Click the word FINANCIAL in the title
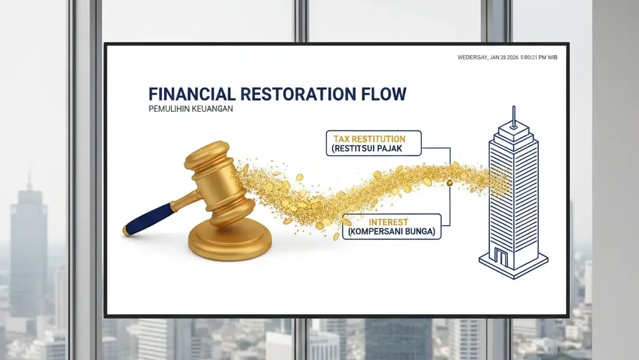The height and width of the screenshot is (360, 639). tap(192, 94)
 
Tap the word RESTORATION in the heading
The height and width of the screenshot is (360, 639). tap(298, 94)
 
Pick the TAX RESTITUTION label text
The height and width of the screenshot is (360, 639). tap(369, 139)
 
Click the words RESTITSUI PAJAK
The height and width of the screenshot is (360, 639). tap(367, 148)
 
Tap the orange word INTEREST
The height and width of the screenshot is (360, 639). tap(388, 222)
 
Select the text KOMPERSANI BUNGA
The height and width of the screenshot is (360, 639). tap(391, 232)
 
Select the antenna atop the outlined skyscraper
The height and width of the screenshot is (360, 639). tap(514, 115)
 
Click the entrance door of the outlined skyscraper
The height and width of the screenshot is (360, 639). tap(501, 257)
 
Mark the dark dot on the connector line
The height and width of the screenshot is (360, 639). tap(450, 183)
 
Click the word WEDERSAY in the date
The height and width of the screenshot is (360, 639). tap(472, 58)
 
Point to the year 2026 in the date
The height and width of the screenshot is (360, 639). tap(513, 58)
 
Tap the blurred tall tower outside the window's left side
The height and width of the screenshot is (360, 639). tap(28, 245)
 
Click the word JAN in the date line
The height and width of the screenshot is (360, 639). tap(494, 58)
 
